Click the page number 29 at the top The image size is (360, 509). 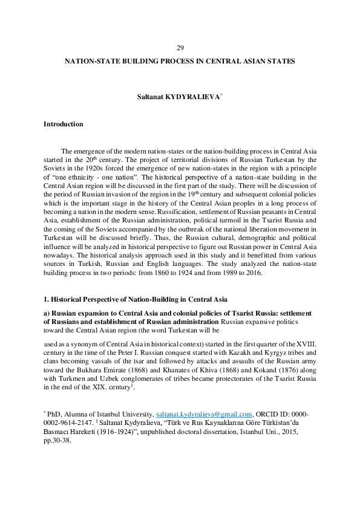click(x=180, y=48)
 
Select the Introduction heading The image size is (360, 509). click(x=63, y=124)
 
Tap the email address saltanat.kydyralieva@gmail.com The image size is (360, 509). click(x=204, y=414)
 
